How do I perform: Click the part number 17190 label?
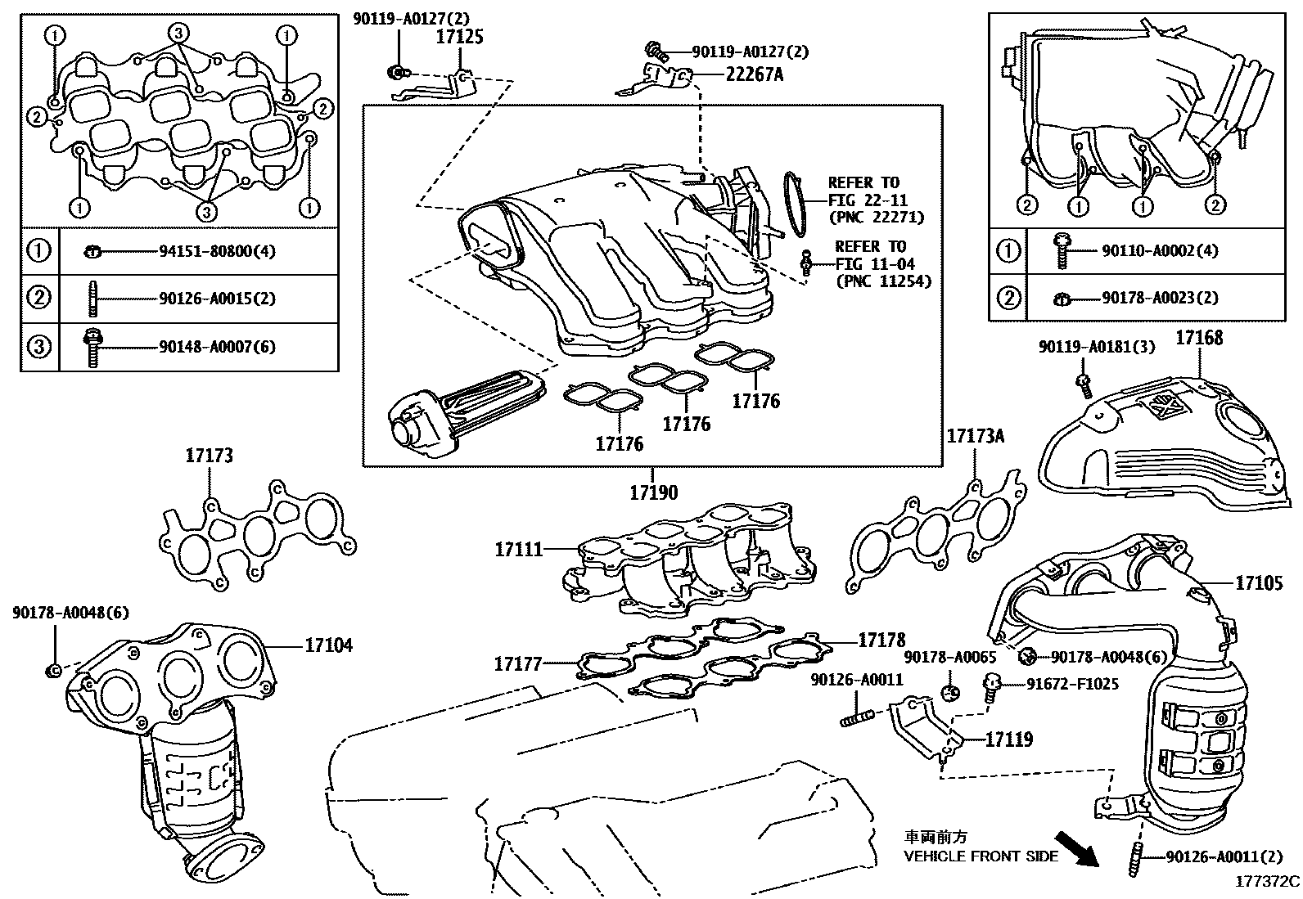tap(654, 492)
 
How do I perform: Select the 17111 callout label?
tap(519, 549)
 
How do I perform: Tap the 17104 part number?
tap(329, 645)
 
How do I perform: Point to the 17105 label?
tap(1259, 582)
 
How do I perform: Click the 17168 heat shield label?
tap(1199, 338)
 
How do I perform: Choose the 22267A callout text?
tap(754, 74)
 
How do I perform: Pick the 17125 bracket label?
tap(459, 37)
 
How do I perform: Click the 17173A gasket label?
tap(976, 435)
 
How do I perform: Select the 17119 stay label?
tap(1009, 739)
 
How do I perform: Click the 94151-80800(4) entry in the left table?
tap(217, 251)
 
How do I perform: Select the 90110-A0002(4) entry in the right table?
tap(1160, 250)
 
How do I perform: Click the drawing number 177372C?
tap(1267, 882)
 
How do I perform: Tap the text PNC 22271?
tap(877, 217)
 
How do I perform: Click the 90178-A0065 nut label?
tap(950, 657)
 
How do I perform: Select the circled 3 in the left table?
tap(39, 347)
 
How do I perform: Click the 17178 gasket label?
tap(881, 640)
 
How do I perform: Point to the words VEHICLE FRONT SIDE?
tap(981, 856)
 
